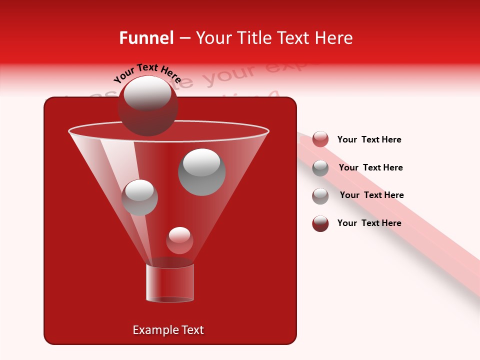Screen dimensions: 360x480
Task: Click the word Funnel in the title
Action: click(x=146, y=38)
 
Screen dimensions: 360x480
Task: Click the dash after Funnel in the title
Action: click(x=184, y=38)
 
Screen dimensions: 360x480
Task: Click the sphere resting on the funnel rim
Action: click(x=148, y=105)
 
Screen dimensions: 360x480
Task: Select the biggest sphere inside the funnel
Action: click(x=202, y=171)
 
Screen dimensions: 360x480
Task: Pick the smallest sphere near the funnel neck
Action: click(x=179, y=240)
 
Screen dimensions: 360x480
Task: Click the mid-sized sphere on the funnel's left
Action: click(x=139, y=197)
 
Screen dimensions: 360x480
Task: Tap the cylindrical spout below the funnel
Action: click(x=170, y=282)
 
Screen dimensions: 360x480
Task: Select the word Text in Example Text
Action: click(x=191, y=330)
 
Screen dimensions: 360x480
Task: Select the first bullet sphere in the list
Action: click(x=320, y=139)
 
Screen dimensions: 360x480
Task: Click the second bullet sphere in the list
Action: click(x=320, y=168)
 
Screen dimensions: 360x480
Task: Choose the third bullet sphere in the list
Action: click(x=320, y=196)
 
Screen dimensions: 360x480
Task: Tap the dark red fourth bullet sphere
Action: click(x=320, y=223)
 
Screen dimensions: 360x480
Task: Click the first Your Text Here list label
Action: click(x=369, y=139)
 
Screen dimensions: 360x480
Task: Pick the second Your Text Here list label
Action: click(x=370, y=167)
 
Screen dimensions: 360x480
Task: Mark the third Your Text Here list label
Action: click(x=371, y=195)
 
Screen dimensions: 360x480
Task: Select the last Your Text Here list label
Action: click(x=369, y=223)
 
